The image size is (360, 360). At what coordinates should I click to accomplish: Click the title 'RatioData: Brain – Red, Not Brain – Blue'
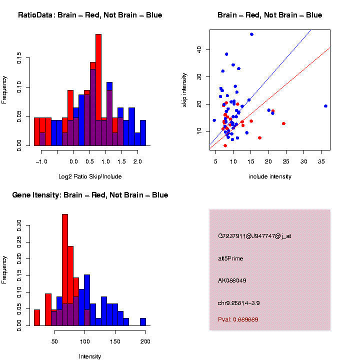pos(90,15)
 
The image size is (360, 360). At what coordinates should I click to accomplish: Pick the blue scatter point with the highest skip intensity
pos(251,34)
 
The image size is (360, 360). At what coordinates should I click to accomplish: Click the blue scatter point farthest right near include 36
pos(325,106)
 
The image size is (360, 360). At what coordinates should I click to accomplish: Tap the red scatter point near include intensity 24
pos(283,123)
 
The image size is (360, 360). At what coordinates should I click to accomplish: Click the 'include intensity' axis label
pos(270,176)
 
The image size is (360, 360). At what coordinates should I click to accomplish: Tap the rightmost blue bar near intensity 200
pos(143,322)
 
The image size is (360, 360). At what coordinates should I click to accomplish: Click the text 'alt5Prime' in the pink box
pos(230,258)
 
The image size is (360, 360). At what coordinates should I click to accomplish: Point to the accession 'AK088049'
pos(232,280)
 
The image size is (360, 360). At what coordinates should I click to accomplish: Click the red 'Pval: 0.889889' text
pos(238,319)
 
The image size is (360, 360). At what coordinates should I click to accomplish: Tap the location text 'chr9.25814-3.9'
pos(238,303)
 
